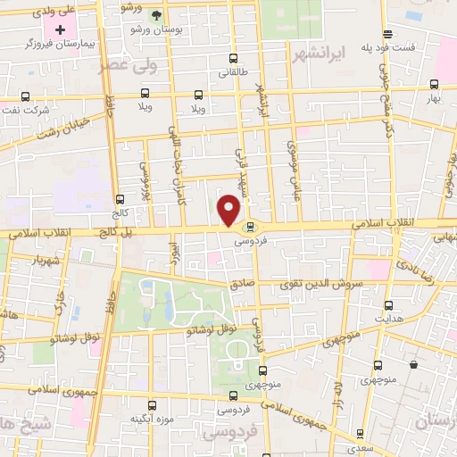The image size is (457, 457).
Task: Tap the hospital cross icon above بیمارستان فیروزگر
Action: (62, 29)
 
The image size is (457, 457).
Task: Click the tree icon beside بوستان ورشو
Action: (157, 15)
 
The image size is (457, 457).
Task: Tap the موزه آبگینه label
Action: (151, 418)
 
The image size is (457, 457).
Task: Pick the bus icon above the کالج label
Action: (120, 200)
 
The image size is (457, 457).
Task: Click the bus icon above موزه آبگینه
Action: (151, 405)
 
